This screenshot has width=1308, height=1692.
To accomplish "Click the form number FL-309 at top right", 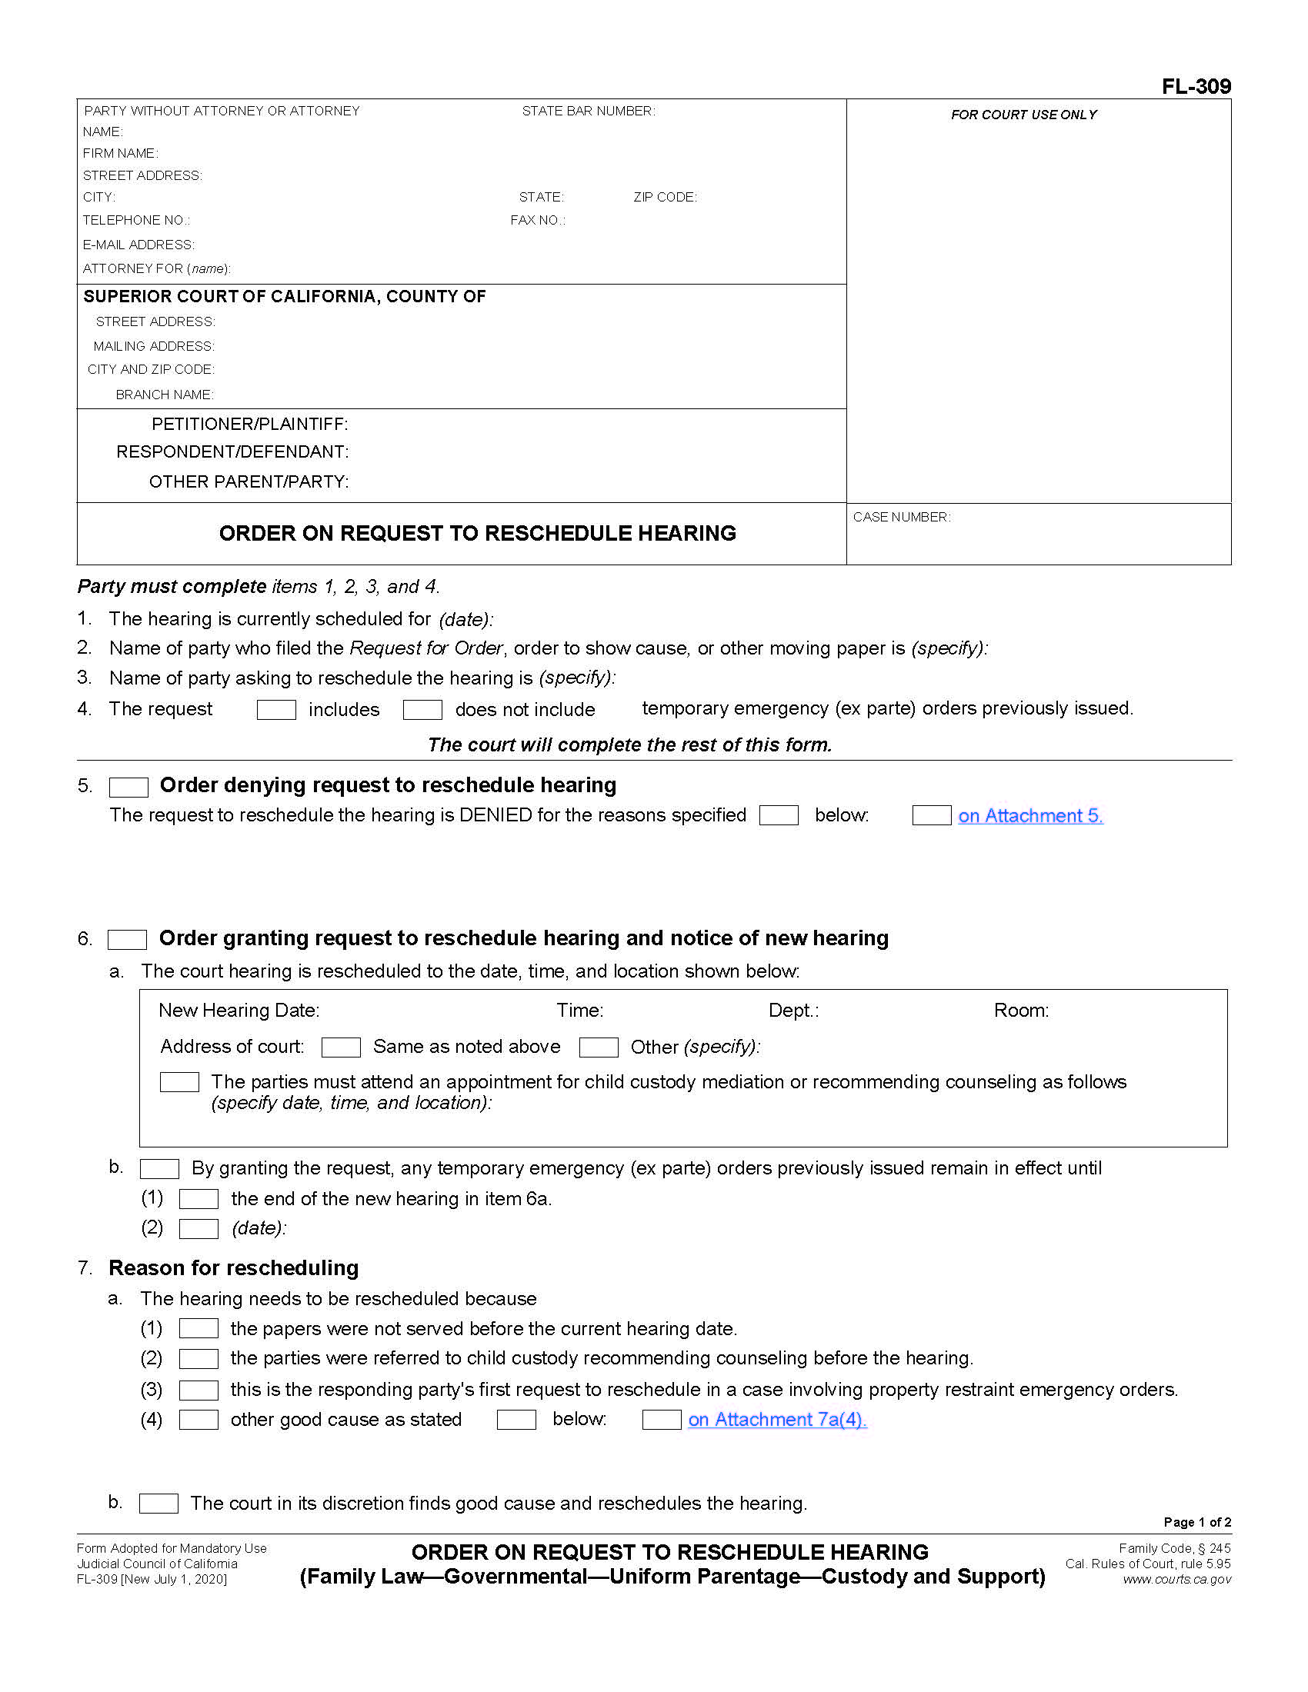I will (x=1196, y=87).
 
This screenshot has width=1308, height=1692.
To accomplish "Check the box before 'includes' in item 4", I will (x=276, y=710).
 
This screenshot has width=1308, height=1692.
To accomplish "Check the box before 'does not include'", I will (x=422, y=710).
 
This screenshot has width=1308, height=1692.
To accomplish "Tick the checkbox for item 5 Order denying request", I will (x=128, y=787).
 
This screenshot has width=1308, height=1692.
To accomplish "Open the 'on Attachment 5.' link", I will (x=1029, y=816).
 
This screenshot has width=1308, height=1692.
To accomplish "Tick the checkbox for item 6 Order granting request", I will (x=127, y=940).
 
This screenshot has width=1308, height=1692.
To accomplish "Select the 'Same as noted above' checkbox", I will (x=341, y=1048).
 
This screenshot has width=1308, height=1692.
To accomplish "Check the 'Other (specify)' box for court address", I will (x=598, y=1048).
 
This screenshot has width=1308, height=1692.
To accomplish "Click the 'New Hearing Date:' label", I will (x=239, y=1011).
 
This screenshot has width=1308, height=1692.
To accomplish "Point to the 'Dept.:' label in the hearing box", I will (x=792, y=1011).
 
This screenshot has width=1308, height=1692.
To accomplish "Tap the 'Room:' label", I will (x=1020, y=1011).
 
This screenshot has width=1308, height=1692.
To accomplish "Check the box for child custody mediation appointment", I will (x=179, y=1082).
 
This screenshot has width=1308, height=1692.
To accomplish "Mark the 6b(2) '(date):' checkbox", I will (x=199, y=1229).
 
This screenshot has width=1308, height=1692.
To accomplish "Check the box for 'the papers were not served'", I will (x=199, y=1329).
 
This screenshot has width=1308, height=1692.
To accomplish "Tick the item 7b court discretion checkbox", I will (x=158, y=1504).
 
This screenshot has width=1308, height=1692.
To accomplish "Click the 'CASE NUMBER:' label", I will (x=901, y=517).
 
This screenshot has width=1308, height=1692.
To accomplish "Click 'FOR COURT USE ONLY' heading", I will (x=1023, y=115).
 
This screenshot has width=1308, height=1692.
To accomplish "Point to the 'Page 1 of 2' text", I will (x=1196, y=1521).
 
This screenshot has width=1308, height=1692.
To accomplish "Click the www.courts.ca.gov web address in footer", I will (x=1176, y=1579).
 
